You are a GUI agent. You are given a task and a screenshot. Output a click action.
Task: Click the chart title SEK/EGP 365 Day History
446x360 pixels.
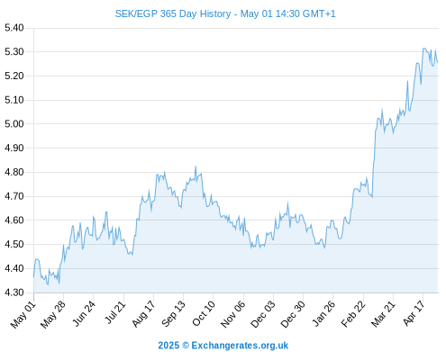point(173,13)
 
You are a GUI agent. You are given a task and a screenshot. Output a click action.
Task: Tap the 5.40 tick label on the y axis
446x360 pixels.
point(14,28)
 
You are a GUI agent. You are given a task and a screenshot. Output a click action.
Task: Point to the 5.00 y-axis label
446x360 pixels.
point(14,124)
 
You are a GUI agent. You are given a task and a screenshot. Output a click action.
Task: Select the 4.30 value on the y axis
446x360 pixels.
point(14,292)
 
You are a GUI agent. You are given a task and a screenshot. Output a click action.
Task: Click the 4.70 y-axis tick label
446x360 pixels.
point(14,196)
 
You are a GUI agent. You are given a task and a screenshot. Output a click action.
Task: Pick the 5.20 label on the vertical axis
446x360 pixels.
point(14,76)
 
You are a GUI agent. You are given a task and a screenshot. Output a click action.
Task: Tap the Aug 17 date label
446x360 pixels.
point(143,314)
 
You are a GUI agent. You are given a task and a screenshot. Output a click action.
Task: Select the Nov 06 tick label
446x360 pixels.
point(233,314)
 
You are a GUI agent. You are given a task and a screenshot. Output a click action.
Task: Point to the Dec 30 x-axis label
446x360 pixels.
point(293,314)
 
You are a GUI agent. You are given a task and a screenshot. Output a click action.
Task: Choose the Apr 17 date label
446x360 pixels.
point(414,313)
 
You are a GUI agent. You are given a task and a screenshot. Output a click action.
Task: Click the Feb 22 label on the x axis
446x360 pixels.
point(353,314)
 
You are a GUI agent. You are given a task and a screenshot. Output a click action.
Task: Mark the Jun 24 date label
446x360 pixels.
point(84,313)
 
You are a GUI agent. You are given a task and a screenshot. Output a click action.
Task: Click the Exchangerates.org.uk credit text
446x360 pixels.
point(240,346)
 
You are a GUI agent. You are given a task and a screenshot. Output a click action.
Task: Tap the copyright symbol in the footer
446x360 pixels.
point(186,346)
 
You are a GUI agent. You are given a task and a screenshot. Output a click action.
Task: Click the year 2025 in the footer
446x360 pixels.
point(168,346)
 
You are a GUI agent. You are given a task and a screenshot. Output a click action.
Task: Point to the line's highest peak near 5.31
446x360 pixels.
point(423,48)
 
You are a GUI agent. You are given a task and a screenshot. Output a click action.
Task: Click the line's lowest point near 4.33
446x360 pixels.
point(48,284)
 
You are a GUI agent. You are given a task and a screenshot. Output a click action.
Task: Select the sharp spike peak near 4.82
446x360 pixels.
point(196,166)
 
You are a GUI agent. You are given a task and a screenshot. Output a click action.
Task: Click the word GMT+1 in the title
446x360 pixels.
point(319,13)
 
